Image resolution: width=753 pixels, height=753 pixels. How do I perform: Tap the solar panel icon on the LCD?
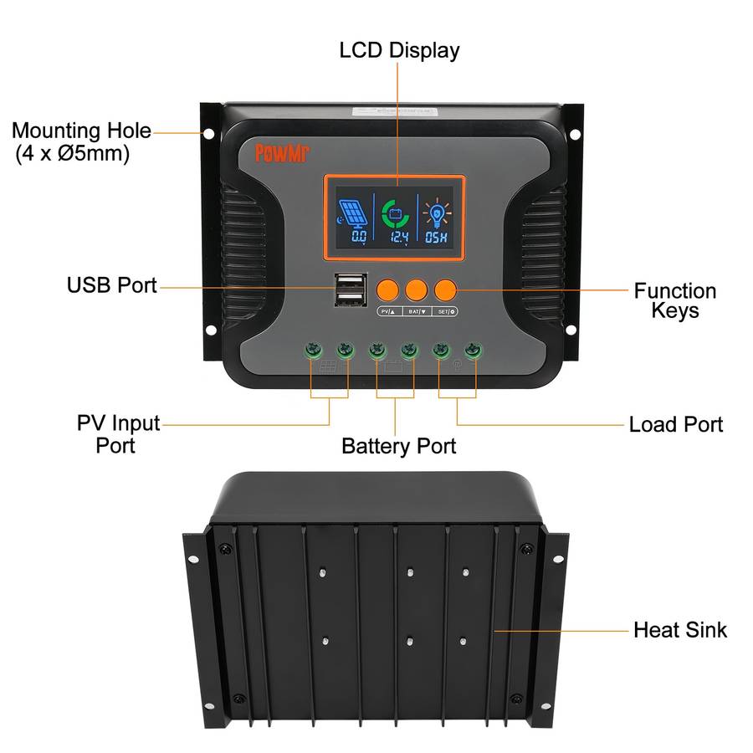[x=351, y=215]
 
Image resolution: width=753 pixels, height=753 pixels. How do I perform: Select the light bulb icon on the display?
[x=435, y=215]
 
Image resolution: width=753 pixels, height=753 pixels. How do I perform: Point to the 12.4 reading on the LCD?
[x=396, y=238]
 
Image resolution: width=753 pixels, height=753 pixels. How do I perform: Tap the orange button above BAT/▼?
[x=416, y=289]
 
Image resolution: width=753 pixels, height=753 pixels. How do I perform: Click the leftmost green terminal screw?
[x=311, y=348]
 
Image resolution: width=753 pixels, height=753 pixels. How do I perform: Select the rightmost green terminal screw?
[x=474, y=348]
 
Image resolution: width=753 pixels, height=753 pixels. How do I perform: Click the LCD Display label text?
[x=399, y=49]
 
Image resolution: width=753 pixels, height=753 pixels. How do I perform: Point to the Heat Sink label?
[x=679, y=629]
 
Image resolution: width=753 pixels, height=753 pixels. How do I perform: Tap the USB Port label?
[x=111, y=285]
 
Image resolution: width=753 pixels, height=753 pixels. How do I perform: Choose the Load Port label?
[x=675, y=424]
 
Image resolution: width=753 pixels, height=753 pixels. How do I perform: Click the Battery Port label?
[x=398, y=446]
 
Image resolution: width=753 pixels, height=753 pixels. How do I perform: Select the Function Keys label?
[x=674, y=300]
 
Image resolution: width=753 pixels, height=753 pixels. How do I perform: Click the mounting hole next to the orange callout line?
[x=208, y=133]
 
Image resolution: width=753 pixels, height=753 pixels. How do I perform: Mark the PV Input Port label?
[x=118, y=433]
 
